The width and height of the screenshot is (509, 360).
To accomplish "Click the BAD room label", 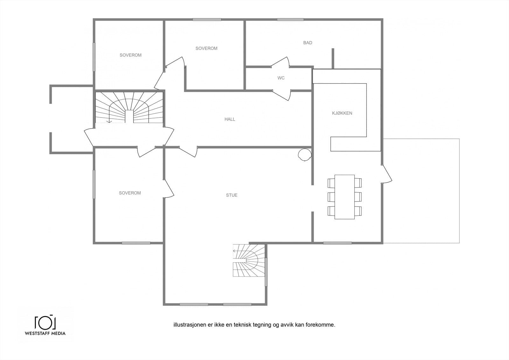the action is coord(308,43).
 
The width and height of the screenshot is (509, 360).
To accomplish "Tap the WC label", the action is coord(281,78).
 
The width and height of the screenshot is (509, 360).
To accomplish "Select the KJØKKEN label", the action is coord(342,113).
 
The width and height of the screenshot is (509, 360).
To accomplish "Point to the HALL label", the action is coord(230,119).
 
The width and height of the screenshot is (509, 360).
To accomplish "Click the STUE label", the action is coord(232,195).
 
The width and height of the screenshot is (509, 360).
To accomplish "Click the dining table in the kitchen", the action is coord(345,197).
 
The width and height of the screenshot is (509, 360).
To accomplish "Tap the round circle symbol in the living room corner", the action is coord(304,155).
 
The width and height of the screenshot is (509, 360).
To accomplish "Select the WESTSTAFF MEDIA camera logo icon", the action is coord(45,322).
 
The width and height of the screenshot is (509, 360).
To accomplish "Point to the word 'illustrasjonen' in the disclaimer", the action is coord(190,325).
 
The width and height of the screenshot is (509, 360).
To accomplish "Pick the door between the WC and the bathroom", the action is coord(280,62).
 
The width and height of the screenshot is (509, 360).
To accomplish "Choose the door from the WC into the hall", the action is coord(282,95).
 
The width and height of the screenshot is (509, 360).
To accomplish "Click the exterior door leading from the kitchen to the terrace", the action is coord(387,174).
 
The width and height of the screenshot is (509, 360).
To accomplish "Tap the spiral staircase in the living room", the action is coord(249,260).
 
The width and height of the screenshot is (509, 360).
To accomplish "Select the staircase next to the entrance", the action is coord(129,107).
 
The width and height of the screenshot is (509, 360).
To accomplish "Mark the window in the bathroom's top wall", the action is coord(290,19).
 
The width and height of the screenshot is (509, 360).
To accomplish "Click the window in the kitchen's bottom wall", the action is coord(338,243).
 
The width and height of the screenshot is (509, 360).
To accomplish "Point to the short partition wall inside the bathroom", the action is coord(333,59).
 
